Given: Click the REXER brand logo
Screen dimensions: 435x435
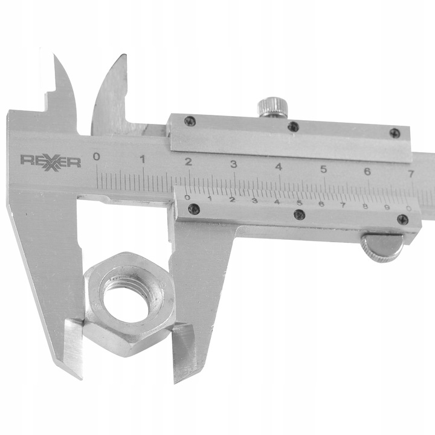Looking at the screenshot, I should point(51,161).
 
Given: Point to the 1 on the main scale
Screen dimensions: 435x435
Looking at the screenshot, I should point(143,159).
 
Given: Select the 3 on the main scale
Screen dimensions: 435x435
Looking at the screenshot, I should point(233,164).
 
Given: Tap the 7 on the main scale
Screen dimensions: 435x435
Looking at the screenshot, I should point(411,174).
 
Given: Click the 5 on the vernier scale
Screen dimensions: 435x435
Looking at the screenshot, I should point(299,202).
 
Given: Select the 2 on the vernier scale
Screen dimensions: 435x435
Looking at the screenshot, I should point(232,199).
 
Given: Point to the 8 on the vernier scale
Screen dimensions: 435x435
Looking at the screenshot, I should point(365,206).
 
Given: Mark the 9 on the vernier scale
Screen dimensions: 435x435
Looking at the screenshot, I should point(387,207).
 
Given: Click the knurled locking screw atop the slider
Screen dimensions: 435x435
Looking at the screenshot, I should point(272,109).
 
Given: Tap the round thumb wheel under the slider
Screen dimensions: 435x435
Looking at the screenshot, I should point(381,248).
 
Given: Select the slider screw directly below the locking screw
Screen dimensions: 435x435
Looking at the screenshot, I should point(292,127).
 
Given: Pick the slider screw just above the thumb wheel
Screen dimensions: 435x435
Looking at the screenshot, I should point(402,220).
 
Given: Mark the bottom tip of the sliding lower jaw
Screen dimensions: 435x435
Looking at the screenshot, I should point(177,381).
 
